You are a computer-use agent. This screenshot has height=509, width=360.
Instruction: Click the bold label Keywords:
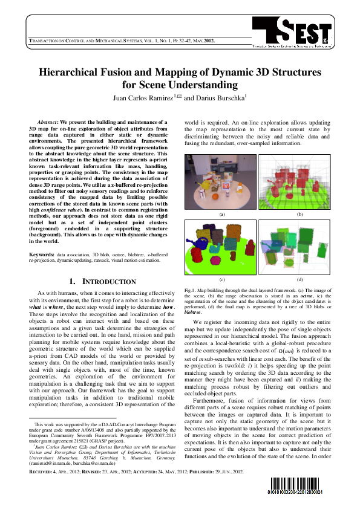coord(41,256)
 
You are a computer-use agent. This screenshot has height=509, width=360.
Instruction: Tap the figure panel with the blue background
coord(221,247)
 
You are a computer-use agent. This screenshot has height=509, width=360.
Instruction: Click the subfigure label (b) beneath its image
coord(296,214)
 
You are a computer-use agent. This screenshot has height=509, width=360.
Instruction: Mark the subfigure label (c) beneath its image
coord(221,280)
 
